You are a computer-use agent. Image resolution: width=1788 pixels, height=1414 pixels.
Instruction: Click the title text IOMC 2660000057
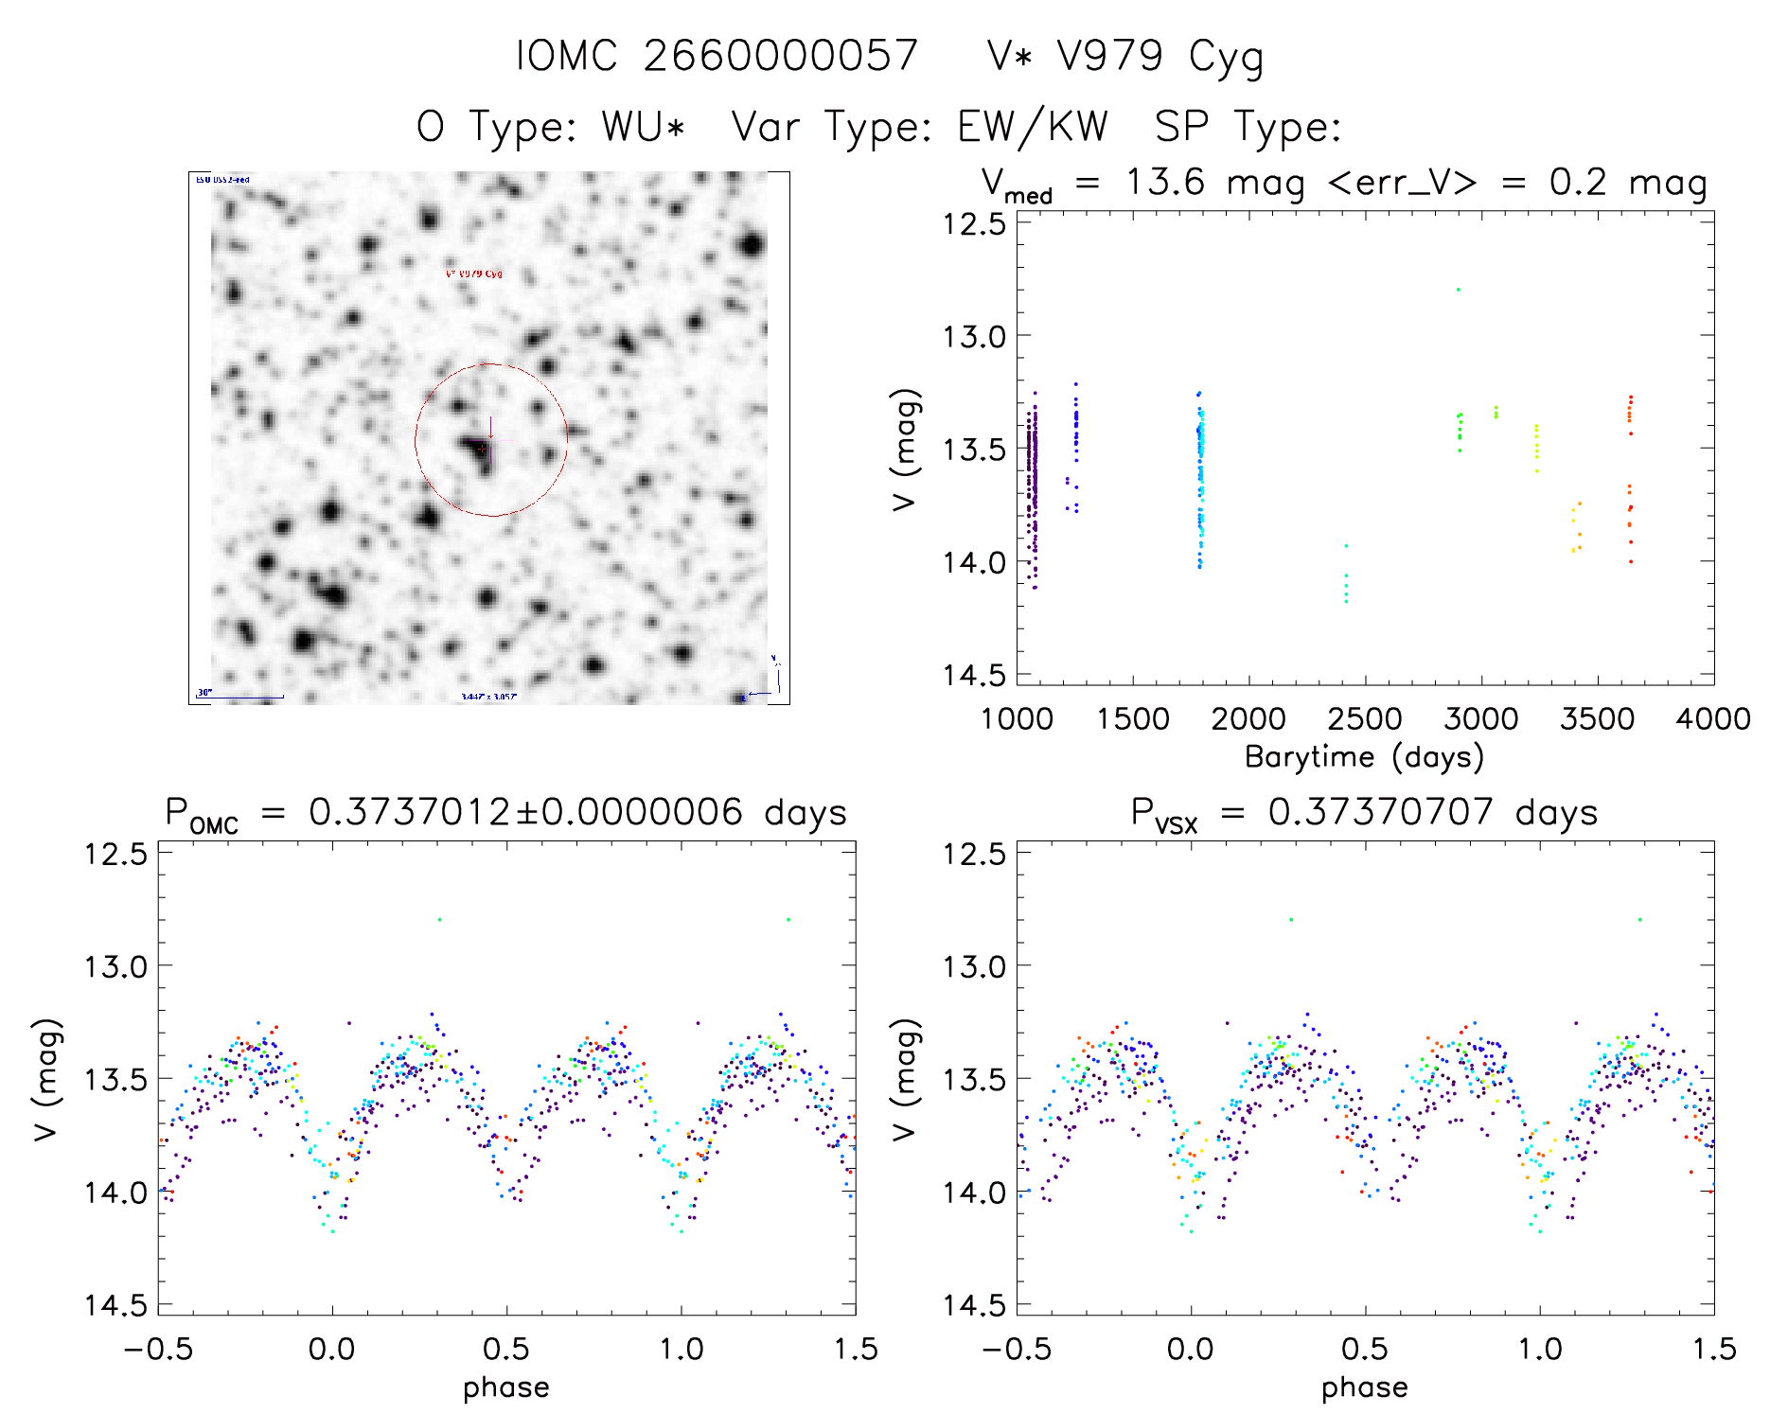click(717, 56)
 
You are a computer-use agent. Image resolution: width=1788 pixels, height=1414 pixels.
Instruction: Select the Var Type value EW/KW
click(1032, 127)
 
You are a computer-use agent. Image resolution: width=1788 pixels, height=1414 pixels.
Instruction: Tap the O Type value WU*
click(644, 127)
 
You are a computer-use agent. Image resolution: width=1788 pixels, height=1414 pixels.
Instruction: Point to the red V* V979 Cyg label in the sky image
click(473, 274)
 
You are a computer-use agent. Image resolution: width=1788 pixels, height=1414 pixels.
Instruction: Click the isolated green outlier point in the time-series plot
click(1458, 290)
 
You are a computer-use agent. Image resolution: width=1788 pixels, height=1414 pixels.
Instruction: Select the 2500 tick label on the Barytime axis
click(1365, 719)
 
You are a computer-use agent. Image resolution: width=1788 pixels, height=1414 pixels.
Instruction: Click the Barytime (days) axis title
click(1364, 757)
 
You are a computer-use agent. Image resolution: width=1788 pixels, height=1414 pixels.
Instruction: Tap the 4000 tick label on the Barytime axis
click(1713, 719)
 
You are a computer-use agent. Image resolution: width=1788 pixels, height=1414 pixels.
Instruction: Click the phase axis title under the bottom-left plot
click(505, 1387)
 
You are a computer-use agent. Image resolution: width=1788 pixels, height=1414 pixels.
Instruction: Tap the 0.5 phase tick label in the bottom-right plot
click(1365, 1350)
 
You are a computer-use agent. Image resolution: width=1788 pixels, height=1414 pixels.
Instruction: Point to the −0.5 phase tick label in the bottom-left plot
click(158, 1350)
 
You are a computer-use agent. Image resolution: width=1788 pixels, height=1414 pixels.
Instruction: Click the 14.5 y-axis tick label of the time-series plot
click(973, 675)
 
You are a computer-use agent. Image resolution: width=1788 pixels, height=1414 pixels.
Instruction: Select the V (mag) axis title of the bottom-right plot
click(905, 1079)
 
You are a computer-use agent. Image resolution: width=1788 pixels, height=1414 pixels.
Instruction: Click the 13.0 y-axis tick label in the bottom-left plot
click(115, 966)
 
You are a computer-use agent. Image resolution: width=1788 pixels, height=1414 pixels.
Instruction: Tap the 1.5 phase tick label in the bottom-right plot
click(1713, 1350)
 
